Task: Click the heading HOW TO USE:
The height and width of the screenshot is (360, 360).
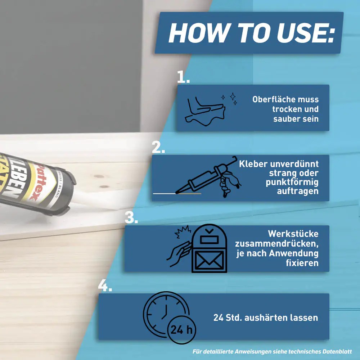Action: click(x=251, y=33)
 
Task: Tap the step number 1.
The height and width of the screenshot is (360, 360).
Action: click(x=183, y=77)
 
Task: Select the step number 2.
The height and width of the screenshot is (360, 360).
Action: click(x=158, y=147)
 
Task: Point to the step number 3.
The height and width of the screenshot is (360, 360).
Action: click(x=131, y=217)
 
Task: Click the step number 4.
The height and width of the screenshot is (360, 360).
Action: click(x=105, y=285)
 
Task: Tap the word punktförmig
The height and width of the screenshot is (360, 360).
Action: click(x=292, y=182)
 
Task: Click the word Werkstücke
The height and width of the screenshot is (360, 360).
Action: click(x=293, y=234)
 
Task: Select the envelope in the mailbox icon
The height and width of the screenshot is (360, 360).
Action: click(x=209, y=260)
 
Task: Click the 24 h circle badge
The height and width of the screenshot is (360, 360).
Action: click(x=181, y=330)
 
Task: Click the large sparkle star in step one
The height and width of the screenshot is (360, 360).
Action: click(x=233, y=96)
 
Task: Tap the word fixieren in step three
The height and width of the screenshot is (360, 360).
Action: click(x=302, y=263)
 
